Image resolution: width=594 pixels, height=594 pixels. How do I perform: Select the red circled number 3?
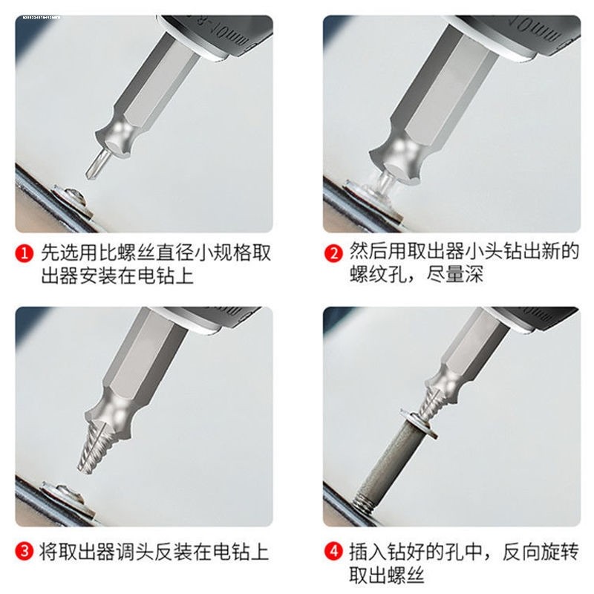[x=25, y=552]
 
